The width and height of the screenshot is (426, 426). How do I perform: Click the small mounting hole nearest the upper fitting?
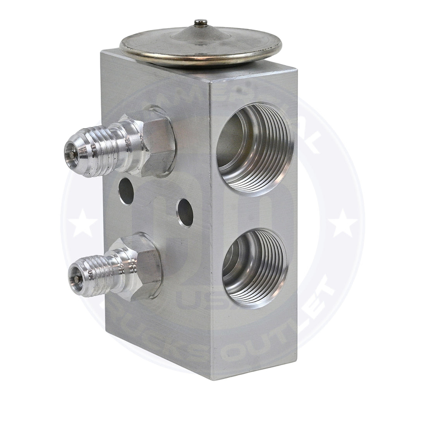point(125,191)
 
